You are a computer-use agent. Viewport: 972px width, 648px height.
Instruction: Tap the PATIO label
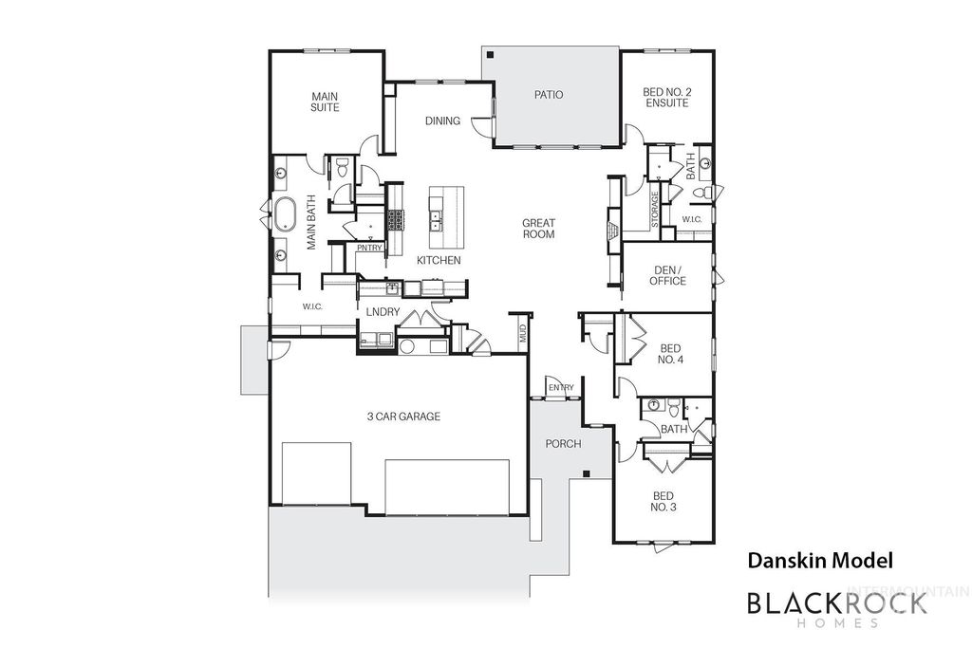click(548, 95)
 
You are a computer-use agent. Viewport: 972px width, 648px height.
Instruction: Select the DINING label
click(442, 120)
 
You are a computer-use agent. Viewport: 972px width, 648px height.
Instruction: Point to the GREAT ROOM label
click(538, 229)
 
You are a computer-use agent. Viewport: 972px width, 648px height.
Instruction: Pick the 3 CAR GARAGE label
click(403, 416)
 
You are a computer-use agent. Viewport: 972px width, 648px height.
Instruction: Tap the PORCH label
click(563, 444)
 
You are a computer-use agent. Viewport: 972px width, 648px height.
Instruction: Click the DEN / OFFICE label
click(668, 275)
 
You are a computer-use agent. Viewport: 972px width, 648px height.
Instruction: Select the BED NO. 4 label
click(671, 354)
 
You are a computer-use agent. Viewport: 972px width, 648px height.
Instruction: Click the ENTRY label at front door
click(560, 387)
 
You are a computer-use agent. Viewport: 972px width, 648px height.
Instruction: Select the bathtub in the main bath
click(285, 213)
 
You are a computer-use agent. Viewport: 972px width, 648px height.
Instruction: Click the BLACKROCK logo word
click(836, 602)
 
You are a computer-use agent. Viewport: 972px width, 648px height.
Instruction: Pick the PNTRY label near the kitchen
click(369, 249)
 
